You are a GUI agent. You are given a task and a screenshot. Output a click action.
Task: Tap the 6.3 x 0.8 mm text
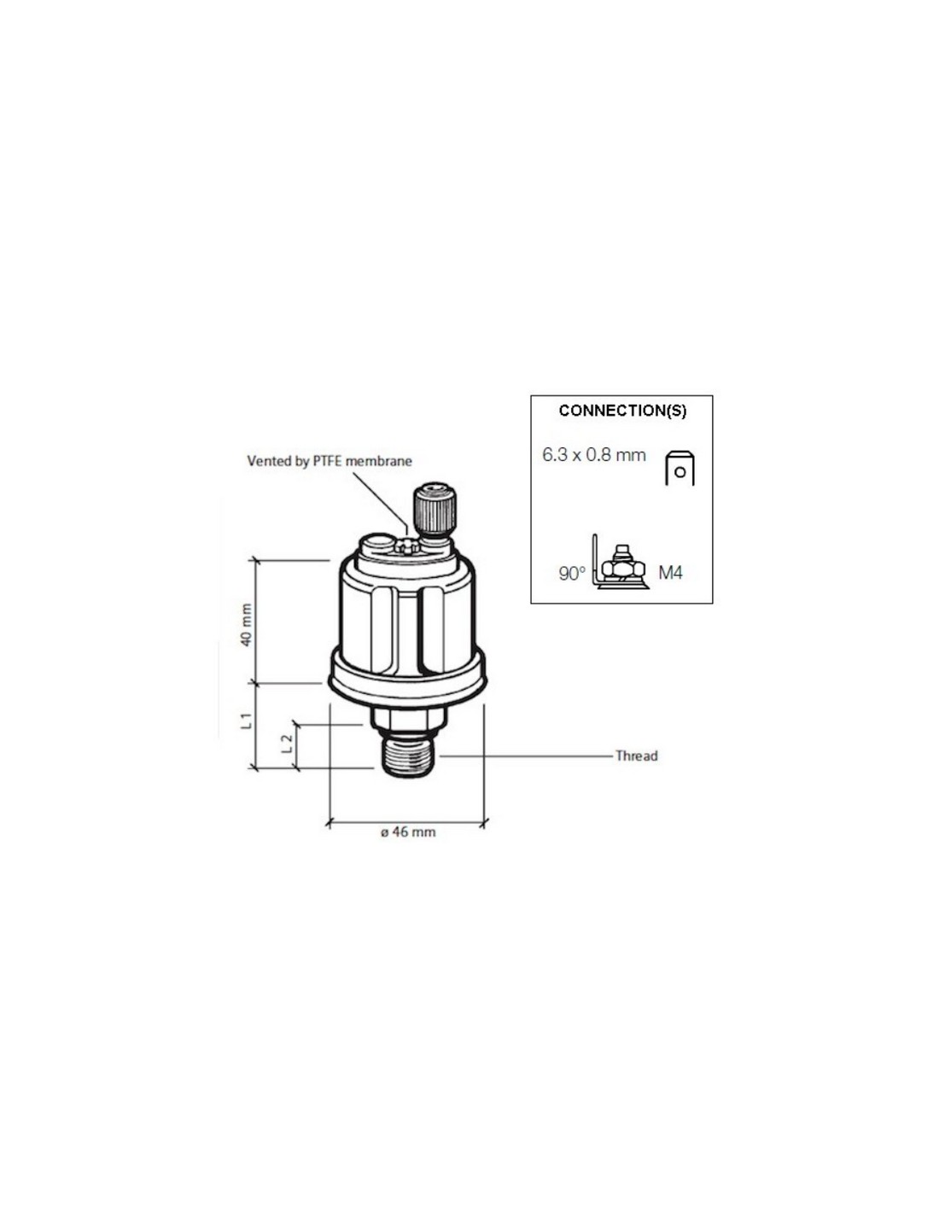(x=594, y=455)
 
